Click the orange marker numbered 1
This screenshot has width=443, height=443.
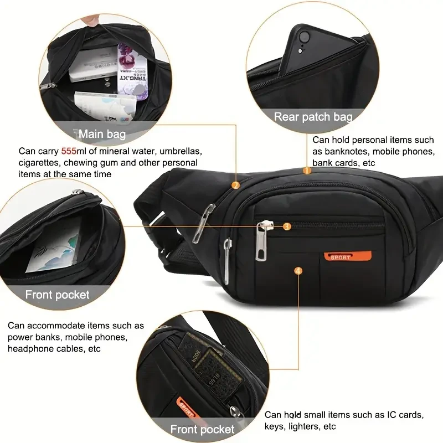(x=307, y=171)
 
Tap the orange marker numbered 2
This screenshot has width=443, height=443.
(x=235, y=186)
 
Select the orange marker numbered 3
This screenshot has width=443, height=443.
(x=287, y=226)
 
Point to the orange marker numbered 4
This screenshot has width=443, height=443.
(x=299, y=271)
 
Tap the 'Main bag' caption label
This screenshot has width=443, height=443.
(x=102, y=134)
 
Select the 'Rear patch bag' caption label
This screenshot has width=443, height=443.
(x=313, y=117)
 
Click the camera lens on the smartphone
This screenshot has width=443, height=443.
(x=304, y=38)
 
